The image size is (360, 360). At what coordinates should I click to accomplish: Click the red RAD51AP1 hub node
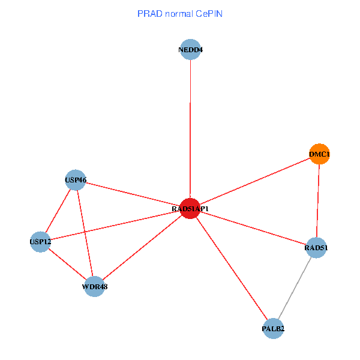point(190,209)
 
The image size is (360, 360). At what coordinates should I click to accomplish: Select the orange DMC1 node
point(319,154)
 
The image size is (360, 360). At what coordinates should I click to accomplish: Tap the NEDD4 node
point(190,50)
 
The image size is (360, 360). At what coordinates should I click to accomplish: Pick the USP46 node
point(75,179)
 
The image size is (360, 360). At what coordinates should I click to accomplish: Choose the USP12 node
point(40,242)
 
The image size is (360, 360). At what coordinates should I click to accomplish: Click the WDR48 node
point(95,286)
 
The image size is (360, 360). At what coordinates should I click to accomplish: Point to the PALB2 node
point(273,328)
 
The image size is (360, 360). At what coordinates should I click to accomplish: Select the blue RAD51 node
point(316,247)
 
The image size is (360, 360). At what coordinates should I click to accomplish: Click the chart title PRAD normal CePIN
point(180,13)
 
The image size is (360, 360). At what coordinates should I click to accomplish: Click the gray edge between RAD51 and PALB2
point(295,288)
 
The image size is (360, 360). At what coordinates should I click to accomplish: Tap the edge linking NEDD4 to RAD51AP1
point(190,129)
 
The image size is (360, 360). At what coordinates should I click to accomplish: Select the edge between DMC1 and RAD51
point(318,201)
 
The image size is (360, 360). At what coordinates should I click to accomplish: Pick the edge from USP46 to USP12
point(58,211)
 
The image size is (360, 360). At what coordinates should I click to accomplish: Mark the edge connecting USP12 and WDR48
point(67,264)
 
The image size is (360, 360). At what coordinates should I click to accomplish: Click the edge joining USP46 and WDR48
point(85,233)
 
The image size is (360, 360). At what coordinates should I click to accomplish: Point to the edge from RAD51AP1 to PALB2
point(232,269)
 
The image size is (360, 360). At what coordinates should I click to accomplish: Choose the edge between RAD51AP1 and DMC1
point(254,182)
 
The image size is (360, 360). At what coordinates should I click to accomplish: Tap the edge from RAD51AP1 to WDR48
point(142,248)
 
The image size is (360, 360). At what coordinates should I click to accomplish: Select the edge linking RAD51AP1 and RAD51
point(253,228)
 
